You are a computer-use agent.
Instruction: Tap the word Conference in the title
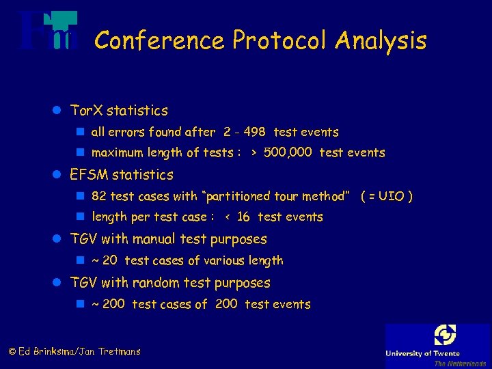tap(159, 41)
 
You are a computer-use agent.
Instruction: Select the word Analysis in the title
tap(381, 41)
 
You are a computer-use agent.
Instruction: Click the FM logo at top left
tap(47, 31)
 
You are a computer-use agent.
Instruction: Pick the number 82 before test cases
tap(99, 196)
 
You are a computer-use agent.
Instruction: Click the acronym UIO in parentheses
tap(392, 196)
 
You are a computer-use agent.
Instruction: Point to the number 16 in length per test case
tap(243, 217)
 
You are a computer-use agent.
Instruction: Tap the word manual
tap(155, 239)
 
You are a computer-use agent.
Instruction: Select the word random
tap(154, 282)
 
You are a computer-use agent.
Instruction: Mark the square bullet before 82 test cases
tap(80, 196)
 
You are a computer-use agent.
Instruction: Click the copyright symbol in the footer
tap(12, 352)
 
